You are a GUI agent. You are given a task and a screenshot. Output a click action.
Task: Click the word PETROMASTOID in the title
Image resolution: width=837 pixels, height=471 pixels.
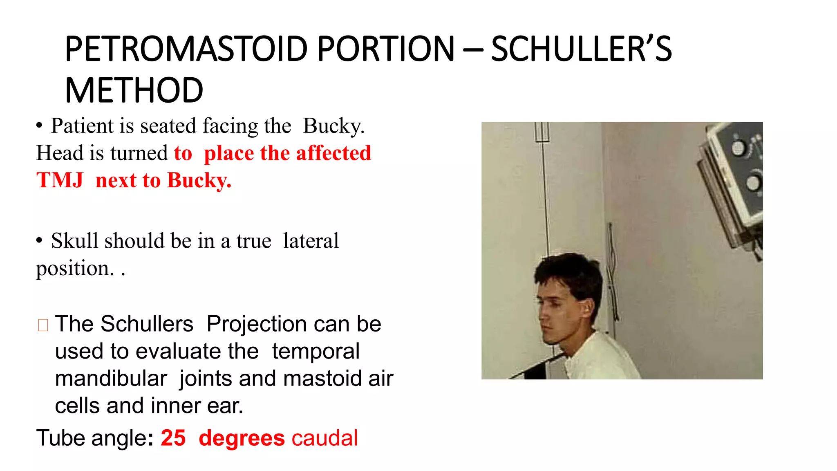186,49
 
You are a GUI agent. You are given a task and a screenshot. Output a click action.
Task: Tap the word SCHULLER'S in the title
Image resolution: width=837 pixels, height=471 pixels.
581,49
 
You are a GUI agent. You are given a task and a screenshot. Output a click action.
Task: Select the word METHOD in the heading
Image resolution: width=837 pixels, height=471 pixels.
134,91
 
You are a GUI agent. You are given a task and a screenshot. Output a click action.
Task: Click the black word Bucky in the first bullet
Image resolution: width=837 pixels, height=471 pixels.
333,126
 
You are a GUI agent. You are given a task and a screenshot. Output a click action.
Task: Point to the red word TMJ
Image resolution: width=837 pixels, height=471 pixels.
60,180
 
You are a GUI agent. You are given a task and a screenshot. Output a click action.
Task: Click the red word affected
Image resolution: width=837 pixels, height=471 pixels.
333,153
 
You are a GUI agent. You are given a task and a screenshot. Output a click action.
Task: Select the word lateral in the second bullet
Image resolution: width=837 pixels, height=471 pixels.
311,241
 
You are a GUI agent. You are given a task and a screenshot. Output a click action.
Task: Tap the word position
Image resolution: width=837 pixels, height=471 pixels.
75,269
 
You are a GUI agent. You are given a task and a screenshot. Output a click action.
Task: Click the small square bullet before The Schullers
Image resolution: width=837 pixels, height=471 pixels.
43,325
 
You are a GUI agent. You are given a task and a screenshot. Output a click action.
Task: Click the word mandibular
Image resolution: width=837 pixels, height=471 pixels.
111,379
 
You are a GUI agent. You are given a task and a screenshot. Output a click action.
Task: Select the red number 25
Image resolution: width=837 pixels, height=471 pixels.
173,438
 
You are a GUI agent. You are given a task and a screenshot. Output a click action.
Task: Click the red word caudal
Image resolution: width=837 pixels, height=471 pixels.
325,438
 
